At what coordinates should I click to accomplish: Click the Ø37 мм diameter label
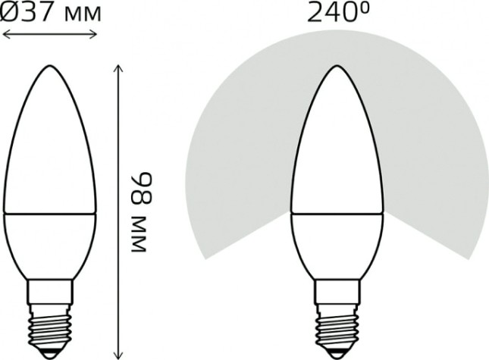point(51,13)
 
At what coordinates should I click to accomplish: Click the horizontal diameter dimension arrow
point(50,33)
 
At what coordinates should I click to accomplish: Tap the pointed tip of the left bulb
point(50,67)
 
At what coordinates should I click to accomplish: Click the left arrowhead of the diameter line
point(6,33)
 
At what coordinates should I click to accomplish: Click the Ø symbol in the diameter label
point(11,13)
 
